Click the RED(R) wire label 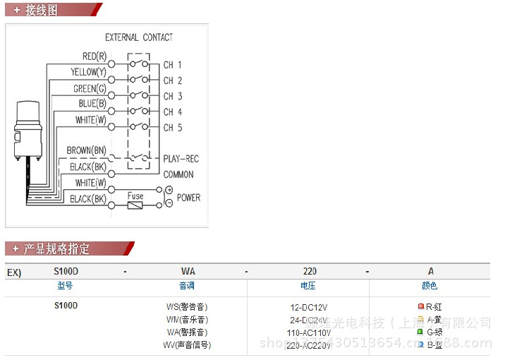point(94,56)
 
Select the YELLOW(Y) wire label point(88,72)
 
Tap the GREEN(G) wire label point(90,88)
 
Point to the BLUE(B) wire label point(92,104)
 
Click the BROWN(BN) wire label point(86,150)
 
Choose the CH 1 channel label point(173,65)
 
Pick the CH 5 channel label point(173,128)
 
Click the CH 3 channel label point(173,97)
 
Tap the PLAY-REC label point(181,159)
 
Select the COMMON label point(178,174)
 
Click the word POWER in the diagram point(188,198)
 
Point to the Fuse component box point(135,205)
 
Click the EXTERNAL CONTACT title point(139,37)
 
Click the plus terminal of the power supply point(169,191)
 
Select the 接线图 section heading point(42,11)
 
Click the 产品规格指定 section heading point(57,248)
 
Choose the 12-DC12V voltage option point(310,307)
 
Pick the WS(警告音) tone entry point(187,307)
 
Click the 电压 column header point(308,286)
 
